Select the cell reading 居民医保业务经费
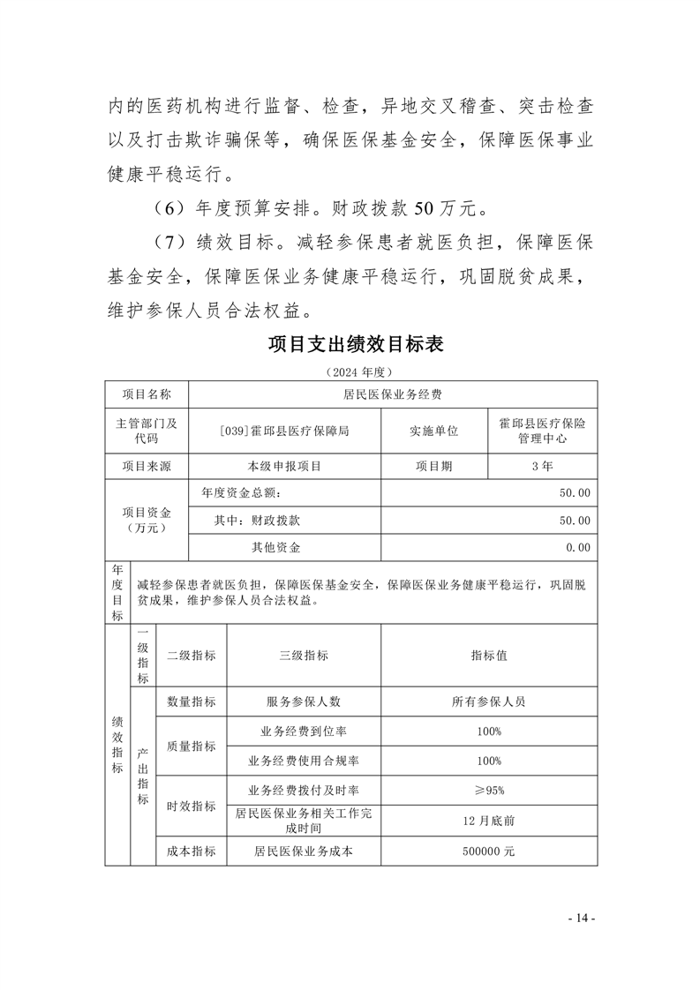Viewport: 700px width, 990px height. (393, 394)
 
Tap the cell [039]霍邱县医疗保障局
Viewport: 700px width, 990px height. (285, 431)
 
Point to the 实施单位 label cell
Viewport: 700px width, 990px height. (433, 431)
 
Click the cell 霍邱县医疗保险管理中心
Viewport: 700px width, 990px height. (542, 431)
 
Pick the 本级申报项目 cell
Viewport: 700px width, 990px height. (285, 466)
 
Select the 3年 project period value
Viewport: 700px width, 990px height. (542, 466)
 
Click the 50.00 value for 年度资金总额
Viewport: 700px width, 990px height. (574, 493)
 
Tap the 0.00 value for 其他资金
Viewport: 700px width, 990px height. (578, 548)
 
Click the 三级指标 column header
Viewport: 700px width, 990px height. (304, 656)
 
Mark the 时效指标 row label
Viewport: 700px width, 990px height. (191, 806)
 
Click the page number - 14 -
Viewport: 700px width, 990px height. (582, 919)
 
